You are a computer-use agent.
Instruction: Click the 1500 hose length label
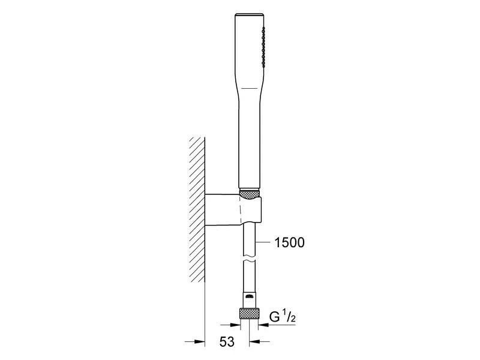290,242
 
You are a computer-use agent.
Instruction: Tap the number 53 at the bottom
227,341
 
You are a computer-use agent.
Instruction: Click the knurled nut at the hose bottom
250,313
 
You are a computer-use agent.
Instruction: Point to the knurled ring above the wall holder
250,194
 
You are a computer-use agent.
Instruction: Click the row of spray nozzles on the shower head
263,47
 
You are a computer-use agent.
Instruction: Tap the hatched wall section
197,209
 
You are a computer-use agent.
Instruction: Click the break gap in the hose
250,259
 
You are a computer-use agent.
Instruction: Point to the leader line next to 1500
263,242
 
